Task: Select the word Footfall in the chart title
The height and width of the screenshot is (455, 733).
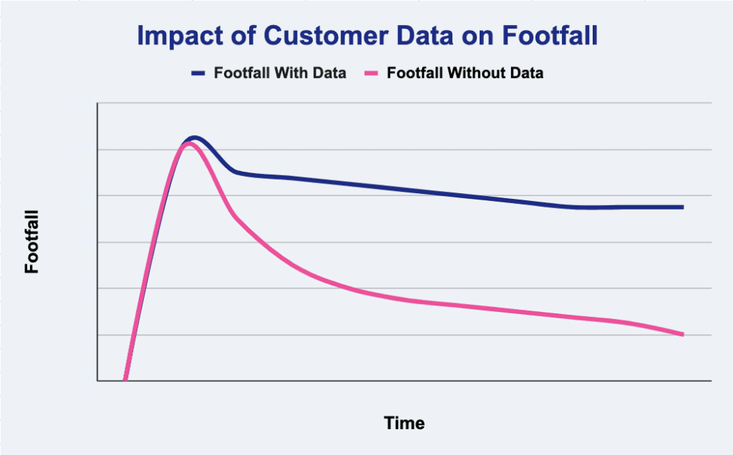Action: tap(550, 35)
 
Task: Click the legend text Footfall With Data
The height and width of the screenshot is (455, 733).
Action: tap(280, 73)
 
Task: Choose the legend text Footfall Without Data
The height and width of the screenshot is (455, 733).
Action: tap(465, 73)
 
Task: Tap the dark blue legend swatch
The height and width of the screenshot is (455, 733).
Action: tap(198, 74)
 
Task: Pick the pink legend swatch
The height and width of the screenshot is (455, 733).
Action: tap(372, 74)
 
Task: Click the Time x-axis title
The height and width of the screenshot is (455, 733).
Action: tap(404, 423)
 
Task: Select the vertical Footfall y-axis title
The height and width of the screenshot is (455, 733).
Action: tap(31, 242)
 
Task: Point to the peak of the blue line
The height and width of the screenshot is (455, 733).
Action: tap(194, 138)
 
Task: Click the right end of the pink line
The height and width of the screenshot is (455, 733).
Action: tap(683, 335)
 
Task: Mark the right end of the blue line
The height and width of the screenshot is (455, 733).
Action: tap(683, 207)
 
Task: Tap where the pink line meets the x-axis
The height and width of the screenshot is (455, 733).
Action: tap(125, 380)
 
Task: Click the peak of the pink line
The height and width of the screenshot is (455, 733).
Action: tap(188, 143)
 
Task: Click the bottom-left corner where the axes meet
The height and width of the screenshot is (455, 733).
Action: tap(97, 381)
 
